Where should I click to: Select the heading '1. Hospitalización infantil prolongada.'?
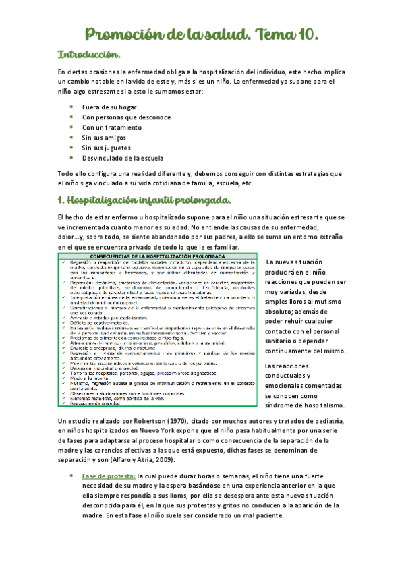[x=145, y=200]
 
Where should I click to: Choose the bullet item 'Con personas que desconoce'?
[x=124, y=117]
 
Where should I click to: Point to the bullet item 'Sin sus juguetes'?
[x=106, y=147]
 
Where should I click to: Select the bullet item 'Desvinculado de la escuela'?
[x=122, y=158]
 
